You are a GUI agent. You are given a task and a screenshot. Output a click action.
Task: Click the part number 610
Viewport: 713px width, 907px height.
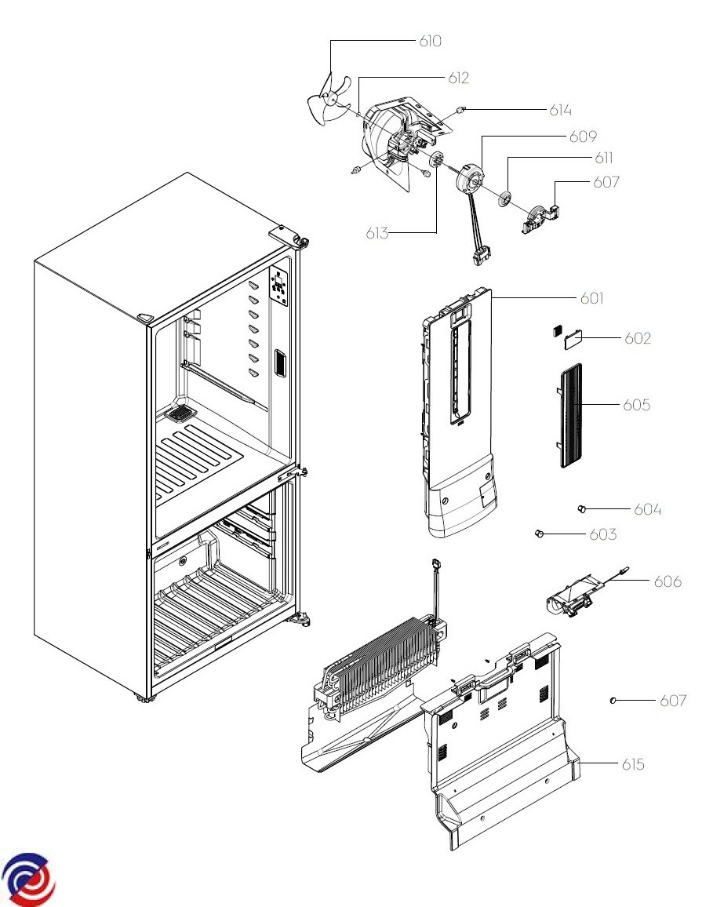tap(430, 41)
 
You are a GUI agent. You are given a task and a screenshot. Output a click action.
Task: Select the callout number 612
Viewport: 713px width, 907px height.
tap(459, 78)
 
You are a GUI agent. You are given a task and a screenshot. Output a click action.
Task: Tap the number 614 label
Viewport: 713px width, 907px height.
tap(560, 111)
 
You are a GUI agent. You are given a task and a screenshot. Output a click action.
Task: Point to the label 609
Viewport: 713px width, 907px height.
tap(583, 136)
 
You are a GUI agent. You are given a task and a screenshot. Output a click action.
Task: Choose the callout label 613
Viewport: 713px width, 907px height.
tap(377, 233)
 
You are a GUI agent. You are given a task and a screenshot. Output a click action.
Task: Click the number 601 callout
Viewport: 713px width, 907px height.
tap(592, 298)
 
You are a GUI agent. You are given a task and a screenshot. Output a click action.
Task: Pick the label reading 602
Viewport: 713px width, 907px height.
tap(638, 338)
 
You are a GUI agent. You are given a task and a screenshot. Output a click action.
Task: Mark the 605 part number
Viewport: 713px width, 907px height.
tap(636, 405)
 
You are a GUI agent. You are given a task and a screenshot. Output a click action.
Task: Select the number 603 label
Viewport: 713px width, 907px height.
tap(602, 535)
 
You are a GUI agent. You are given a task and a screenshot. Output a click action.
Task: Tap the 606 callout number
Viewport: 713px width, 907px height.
tap(668, 581)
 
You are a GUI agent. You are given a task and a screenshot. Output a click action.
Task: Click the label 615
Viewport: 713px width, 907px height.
tap(633, 763)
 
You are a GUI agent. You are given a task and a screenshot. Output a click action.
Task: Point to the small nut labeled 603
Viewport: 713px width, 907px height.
tap(539, 534)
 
